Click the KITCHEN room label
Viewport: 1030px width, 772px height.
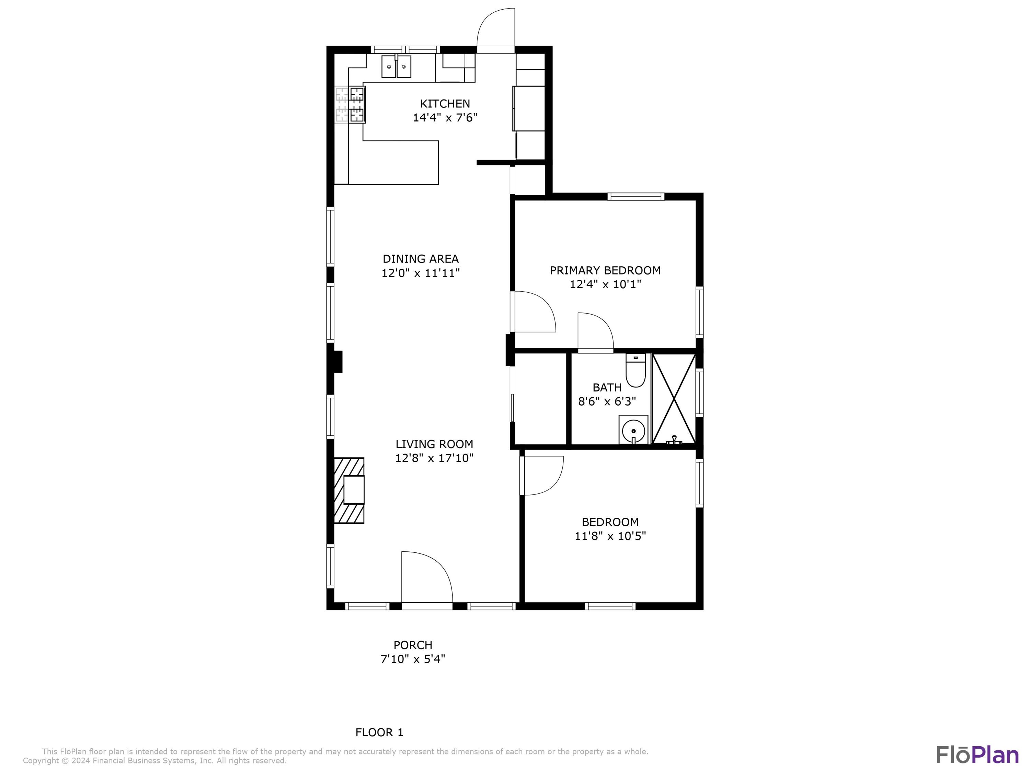point(445,103)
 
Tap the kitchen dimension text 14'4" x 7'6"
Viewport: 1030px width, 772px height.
point(445,117)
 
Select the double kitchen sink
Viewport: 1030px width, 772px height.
point(396,67)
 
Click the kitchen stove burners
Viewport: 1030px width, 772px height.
point(350,105)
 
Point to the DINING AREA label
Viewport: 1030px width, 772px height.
point(421,259)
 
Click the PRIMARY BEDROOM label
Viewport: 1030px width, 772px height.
point(605,270)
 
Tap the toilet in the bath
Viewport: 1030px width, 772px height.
point(635,371)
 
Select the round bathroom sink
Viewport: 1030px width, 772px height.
point(633,429)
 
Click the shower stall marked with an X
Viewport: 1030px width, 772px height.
point(674,399)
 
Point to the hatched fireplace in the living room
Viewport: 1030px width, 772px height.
point(349,490)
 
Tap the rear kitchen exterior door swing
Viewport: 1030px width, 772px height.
point(495,28)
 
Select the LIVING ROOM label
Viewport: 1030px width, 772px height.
point(434,444)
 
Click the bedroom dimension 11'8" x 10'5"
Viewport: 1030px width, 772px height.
point(610,536)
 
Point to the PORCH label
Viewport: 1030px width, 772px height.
point(413,645)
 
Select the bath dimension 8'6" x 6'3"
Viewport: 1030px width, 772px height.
point(607,401)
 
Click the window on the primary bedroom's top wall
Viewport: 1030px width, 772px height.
point(636,196)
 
